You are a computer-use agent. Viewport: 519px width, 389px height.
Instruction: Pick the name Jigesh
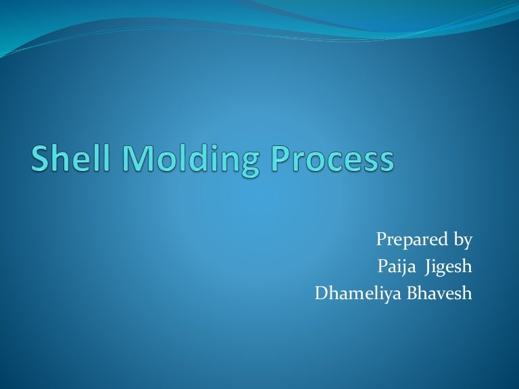click(x=448, y=268)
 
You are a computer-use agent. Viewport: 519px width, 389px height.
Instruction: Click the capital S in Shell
click(x=41, y=159)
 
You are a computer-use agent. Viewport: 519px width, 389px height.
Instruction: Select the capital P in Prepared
click(x=380, y=240)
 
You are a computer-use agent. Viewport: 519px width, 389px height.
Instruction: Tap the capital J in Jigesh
click(x=427, y=268)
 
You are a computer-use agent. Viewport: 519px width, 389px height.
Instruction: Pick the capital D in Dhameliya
click(x=321, y=294)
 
